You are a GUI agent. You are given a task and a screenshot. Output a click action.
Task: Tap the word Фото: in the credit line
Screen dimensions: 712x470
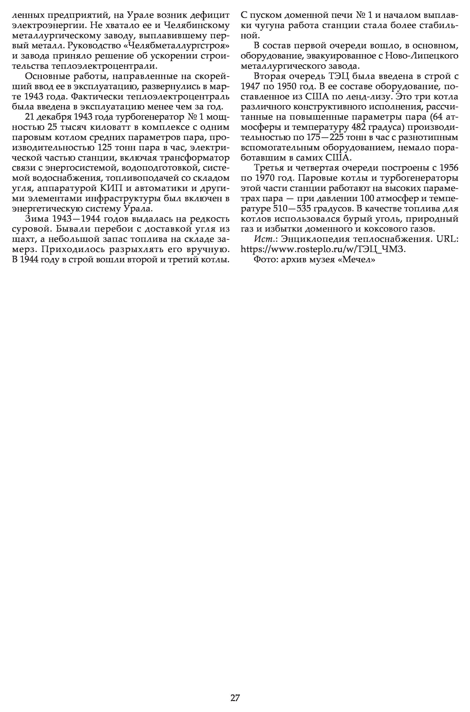pos(266,260)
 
